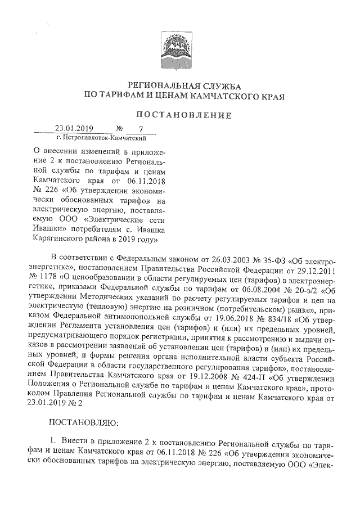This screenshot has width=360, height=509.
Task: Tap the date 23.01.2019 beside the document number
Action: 74,128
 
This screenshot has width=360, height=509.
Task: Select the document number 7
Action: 133,129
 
